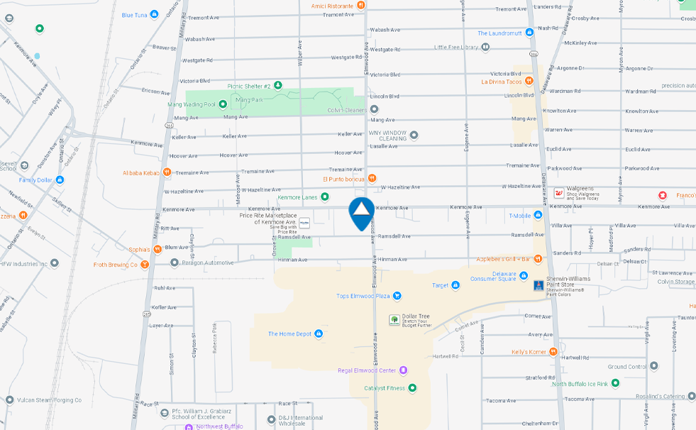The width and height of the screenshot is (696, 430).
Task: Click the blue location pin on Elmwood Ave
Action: point(362,212)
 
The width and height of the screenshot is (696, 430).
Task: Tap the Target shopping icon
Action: point(456,285)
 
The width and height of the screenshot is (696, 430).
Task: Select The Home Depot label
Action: point(289,333)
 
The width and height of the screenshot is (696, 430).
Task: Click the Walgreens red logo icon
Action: point(558,193)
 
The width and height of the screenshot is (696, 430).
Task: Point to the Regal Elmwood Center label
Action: point(366,370)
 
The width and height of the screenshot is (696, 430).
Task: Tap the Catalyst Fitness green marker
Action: point(412,387)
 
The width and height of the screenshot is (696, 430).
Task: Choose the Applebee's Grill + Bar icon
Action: point(538,258)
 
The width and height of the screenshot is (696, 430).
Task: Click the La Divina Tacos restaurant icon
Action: point(529,82)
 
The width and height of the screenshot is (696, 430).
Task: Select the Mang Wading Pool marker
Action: point(222,104)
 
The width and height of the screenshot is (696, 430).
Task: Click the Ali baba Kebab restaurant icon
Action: point(167,172)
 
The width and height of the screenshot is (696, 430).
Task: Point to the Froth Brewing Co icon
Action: point(145,265)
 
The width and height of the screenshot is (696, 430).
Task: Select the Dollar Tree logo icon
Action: point(394,319)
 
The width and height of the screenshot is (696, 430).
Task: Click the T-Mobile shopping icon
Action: point(538,215)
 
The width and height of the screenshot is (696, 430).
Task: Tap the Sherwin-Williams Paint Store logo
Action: point(538,285)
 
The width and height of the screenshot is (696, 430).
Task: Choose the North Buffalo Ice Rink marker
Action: point(615,383)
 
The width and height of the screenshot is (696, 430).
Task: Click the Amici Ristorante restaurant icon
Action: point(361,6)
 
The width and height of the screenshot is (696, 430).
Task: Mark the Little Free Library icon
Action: point(485,48)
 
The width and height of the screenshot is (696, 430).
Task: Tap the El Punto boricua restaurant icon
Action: point(372,179)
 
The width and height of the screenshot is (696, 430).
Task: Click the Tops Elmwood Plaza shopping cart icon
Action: point(397,296)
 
